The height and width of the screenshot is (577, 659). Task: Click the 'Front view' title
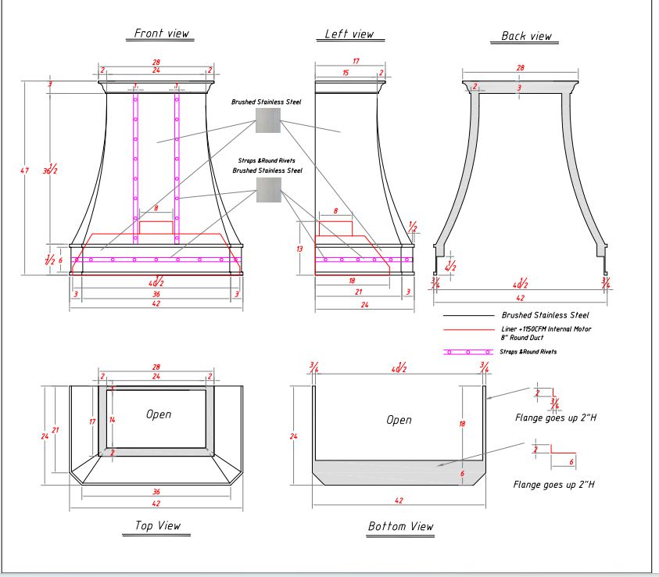click(x=162, y=34)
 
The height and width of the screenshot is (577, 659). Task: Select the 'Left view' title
click(x=349, y=34)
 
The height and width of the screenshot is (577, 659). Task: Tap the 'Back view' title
click(x=526, y=36)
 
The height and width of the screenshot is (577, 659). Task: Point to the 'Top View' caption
click(x=157, y=525)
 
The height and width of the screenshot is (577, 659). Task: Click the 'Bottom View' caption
click(x=400, y=526)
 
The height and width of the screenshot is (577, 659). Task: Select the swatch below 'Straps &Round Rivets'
click(x=268, y=190)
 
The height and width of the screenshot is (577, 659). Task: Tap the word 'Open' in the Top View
click(x=159, y=414)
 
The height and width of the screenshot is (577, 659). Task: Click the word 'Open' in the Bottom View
click(x=399, y=420)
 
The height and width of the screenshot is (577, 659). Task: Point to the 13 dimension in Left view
click(x=299, y=249)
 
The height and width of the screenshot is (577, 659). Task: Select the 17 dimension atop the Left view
click(x=356, y=61)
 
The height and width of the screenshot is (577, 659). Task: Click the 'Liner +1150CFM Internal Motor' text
click(x=546, y=329)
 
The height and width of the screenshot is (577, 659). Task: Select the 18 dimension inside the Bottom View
click(x=462, y=423)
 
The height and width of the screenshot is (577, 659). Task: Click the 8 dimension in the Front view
click(x=156, y=209)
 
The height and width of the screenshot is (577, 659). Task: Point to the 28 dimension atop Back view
click(x=521, y=69)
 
